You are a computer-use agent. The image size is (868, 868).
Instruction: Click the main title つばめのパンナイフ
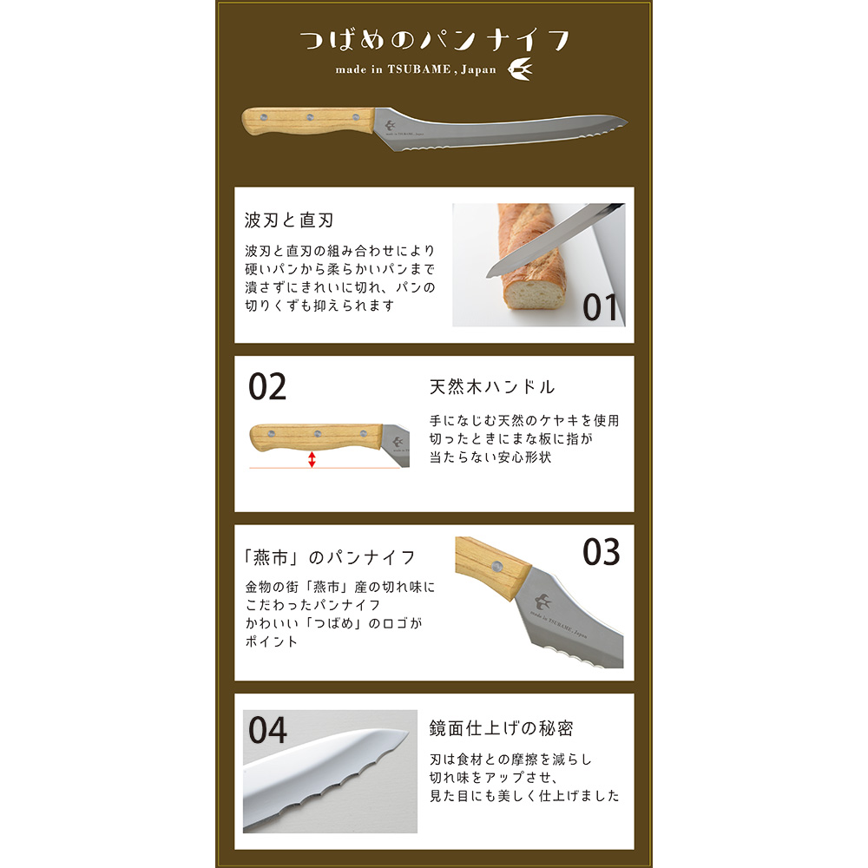point(435,41)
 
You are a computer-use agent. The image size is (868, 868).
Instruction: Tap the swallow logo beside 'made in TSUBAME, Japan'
point(520,69)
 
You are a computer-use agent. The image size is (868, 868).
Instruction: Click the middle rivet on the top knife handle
point(310,117)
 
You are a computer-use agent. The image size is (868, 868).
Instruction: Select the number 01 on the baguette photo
point(600,308)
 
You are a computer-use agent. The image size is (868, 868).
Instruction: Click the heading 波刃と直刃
point(289,220)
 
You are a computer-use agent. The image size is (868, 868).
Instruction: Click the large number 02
point(267,386)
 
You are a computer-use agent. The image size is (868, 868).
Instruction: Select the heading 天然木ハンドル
point(492,386)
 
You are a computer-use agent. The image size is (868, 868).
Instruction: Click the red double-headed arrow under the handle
point(312,459)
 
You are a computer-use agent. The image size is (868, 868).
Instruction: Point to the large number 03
point(602,552)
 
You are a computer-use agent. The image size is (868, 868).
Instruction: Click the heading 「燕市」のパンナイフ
point(329,557)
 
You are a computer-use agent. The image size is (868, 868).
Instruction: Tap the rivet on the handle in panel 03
point(497,566)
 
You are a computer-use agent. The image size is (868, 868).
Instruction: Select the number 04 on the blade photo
point(267,730)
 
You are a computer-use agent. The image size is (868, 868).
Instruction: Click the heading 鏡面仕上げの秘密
point(501,728)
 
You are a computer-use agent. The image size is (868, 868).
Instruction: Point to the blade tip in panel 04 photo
point(408,734)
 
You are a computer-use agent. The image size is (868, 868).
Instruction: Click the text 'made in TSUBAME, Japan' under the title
point(416,69)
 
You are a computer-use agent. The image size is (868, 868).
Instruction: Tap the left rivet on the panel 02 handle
point(271,434)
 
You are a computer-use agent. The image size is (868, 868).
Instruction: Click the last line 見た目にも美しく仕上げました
point(524,795)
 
